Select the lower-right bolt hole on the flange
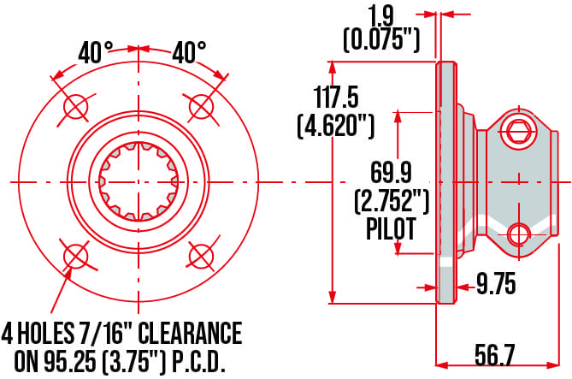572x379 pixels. click(x=201, y=255)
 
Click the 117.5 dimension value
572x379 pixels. click(x=335, y=94)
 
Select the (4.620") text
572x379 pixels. click(x=335, y=127)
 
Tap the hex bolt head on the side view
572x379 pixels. click(x=516, y=130)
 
